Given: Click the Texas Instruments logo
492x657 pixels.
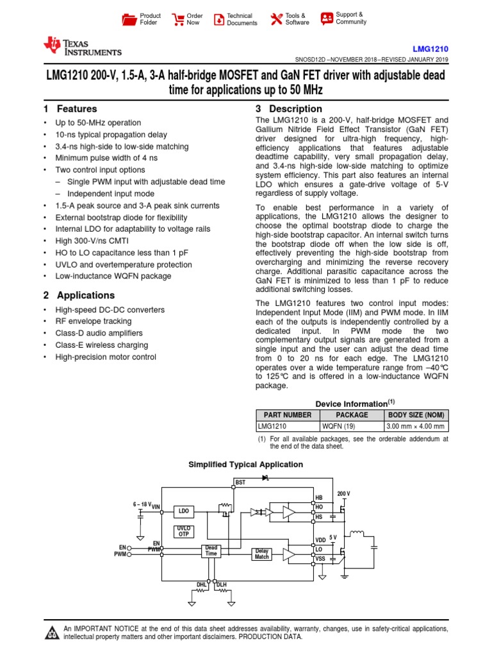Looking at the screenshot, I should (81, 47).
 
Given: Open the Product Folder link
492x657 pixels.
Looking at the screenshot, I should (142, 19).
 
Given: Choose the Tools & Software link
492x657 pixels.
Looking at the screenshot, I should (290, 19).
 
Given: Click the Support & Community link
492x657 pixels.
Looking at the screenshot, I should (343, 18).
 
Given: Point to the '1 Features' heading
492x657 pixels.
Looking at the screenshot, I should (70, 109).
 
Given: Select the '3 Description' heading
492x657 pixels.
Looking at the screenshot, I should (289, 109).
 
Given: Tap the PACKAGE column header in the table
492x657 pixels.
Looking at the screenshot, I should (352, 415).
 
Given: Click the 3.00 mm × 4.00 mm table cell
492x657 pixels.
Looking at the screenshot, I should (416, 426).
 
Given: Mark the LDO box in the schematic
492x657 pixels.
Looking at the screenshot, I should (184, 511).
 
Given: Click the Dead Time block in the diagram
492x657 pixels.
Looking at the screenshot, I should (211, 550).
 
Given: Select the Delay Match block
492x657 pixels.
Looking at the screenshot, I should (262, 553).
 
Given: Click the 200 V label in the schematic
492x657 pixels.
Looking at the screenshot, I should (344, 493).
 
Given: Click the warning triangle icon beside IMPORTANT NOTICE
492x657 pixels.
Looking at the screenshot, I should (52, 633).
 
